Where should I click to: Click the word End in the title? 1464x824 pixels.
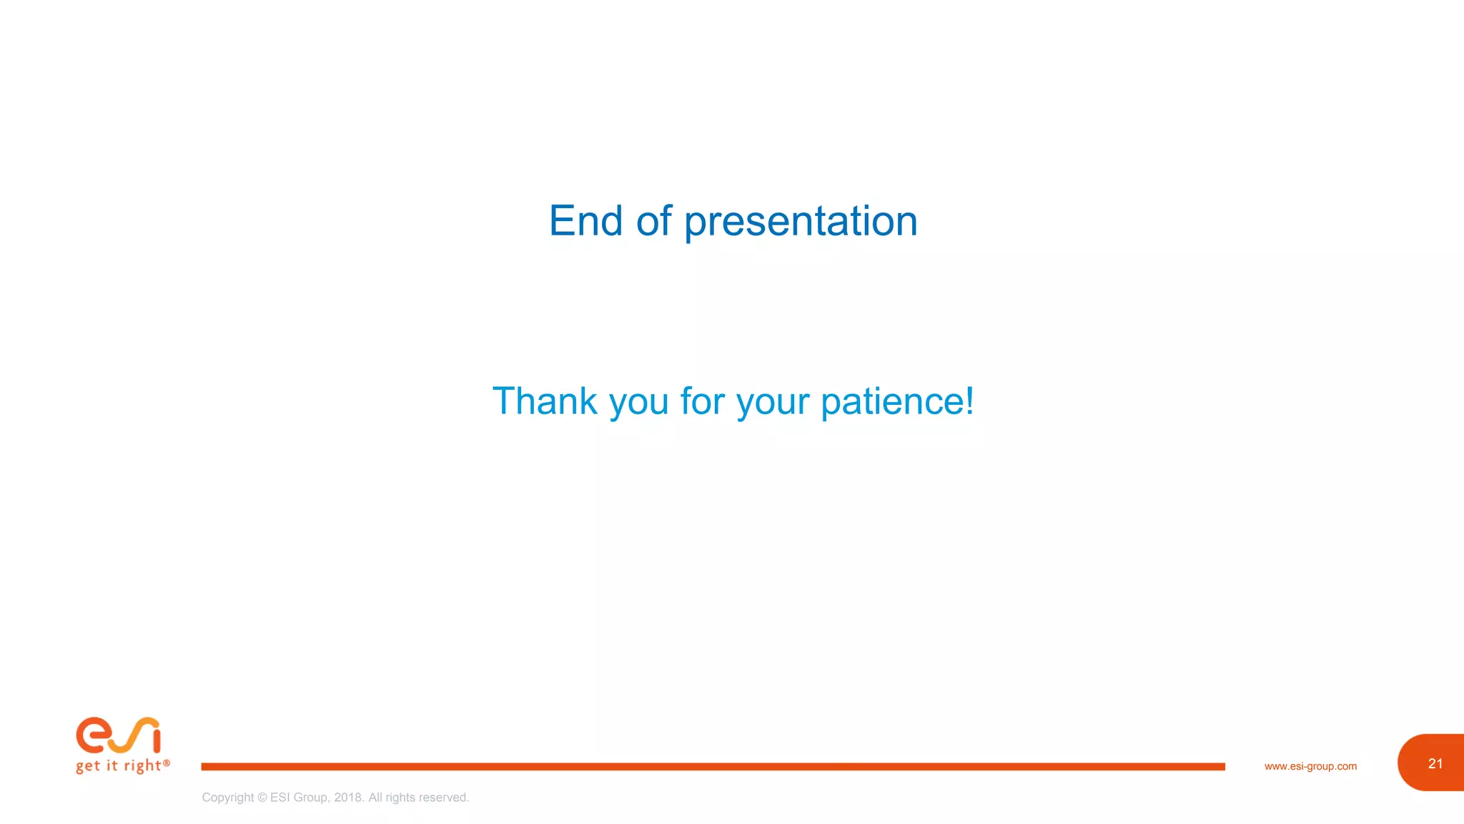coord(585,220)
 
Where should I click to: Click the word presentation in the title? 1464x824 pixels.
coord(801,222)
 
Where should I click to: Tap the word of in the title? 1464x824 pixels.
coord(653,220)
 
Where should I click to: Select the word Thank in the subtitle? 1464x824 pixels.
coord(545,401)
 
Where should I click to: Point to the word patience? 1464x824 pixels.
coord(897,402)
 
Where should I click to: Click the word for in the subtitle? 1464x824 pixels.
coord(702,401)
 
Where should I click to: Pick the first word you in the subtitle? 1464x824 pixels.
coord(638,403)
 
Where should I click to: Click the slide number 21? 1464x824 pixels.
coord(1435,763)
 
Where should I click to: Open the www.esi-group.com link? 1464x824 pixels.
coord(1310,766)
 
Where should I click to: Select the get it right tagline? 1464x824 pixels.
coord(119,766)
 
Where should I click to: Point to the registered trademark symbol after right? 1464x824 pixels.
coord(167,763)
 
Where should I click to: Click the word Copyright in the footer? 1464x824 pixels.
coord(227,798)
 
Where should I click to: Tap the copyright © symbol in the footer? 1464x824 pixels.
coord(262,798)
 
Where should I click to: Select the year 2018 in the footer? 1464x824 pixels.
coord(348,798)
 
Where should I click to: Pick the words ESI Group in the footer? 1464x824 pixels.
coord(299,798)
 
